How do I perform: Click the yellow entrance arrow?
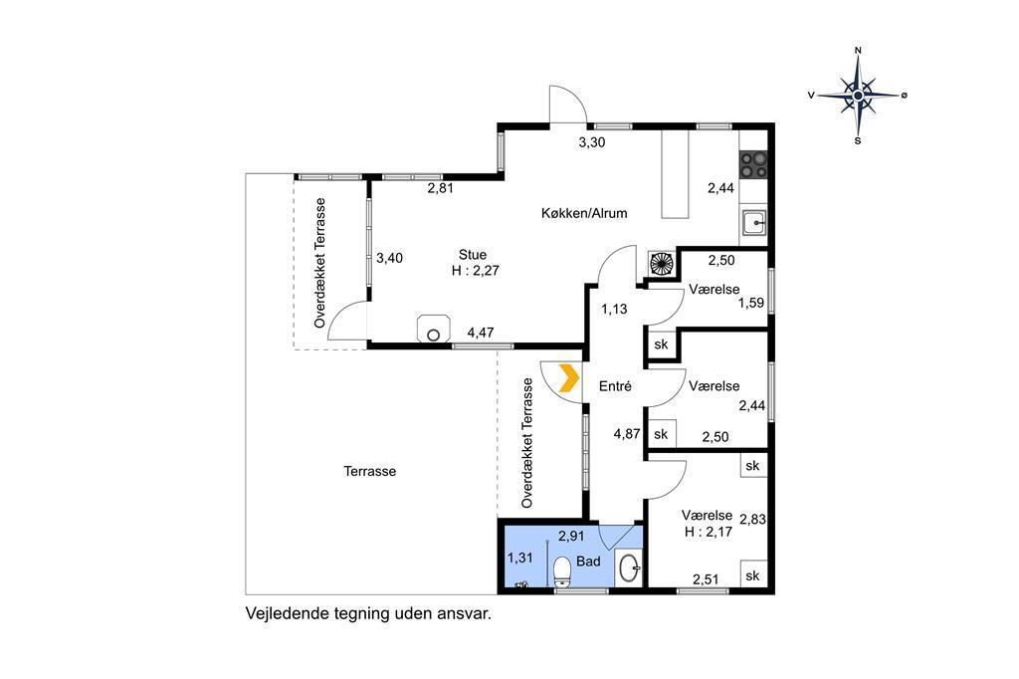569,378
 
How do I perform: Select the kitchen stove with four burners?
753,164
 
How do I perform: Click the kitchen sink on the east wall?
754,224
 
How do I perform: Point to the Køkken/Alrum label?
584,213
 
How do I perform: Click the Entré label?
615,386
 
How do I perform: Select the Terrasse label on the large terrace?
370,472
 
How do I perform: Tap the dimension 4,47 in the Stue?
481,333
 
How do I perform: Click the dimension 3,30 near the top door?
592,142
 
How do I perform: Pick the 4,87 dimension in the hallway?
627,434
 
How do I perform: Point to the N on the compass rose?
858,50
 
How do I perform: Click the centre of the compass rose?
858,96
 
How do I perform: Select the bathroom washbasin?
629,569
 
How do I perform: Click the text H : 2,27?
476,271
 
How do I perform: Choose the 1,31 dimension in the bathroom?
519,558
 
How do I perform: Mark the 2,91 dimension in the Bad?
571,537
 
